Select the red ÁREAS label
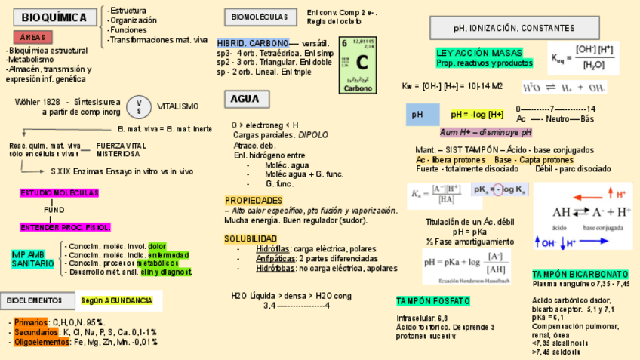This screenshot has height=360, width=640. pos(32,37)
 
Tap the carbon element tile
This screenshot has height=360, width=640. pos(358,65)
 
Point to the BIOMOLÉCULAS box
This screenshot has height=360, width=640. pos(259,17)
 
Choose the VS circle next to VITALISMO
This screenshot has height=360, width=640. pos(139,107)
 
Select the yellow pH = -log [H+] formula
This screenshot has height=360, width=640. pos(477,115)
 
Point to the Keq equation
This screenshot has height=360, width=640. pos(583,57)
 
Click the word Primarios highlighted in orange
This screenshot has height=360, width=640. pos(30,322)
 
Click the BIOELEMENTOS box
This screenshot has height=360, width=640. pos(35,300)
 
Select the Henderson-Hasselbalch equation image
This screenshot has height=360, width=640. pos(467,266)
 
